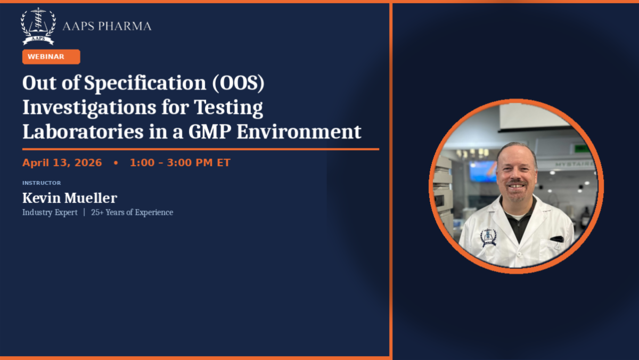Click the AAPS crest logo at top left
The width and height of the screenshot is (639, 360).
(38, 26)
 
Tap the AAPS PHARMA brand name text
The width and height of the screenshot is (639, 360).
(106, 26)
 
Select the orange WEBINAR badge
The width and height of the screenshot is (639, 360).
(51, 57)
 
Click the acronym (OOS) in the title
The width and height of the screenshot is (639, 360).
(239, 83)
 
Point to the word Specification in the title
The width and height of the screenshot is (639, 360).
(145, 83)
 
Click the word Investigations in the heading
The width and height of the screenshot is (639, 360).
(89, 108)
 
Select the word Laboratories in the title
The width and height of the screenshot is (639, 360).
(83, 132)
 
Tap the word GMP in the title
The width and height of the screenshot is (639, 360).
(210, 132)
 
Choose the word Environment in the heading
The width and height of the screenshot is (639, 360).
(299, 132)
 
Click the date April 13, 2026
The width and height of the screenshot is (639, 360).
(62, 162)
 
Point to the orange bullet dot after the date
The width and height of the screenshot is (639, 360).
(116, 163)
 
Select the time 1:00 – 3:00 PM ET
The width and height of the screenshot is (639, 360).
(180, 162)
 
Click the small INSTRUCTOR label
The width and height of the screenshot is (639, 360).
(42, 183)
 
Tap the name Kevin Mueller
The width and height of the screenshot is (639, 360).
(70, 198)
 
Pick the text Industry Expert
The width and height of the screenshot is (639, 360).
(50, 212)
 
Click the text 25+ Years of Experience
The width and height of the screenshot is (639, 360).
(132, 212)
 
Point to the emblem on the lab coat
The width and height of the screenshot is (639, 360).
(488, 238)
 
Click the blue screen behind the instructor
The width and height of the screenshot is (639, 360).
(484, 171)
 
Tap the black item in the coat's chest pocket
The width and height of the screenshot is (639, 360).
(557, 239)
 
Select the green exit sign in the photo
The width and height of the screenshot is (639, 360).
(581, 149)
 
